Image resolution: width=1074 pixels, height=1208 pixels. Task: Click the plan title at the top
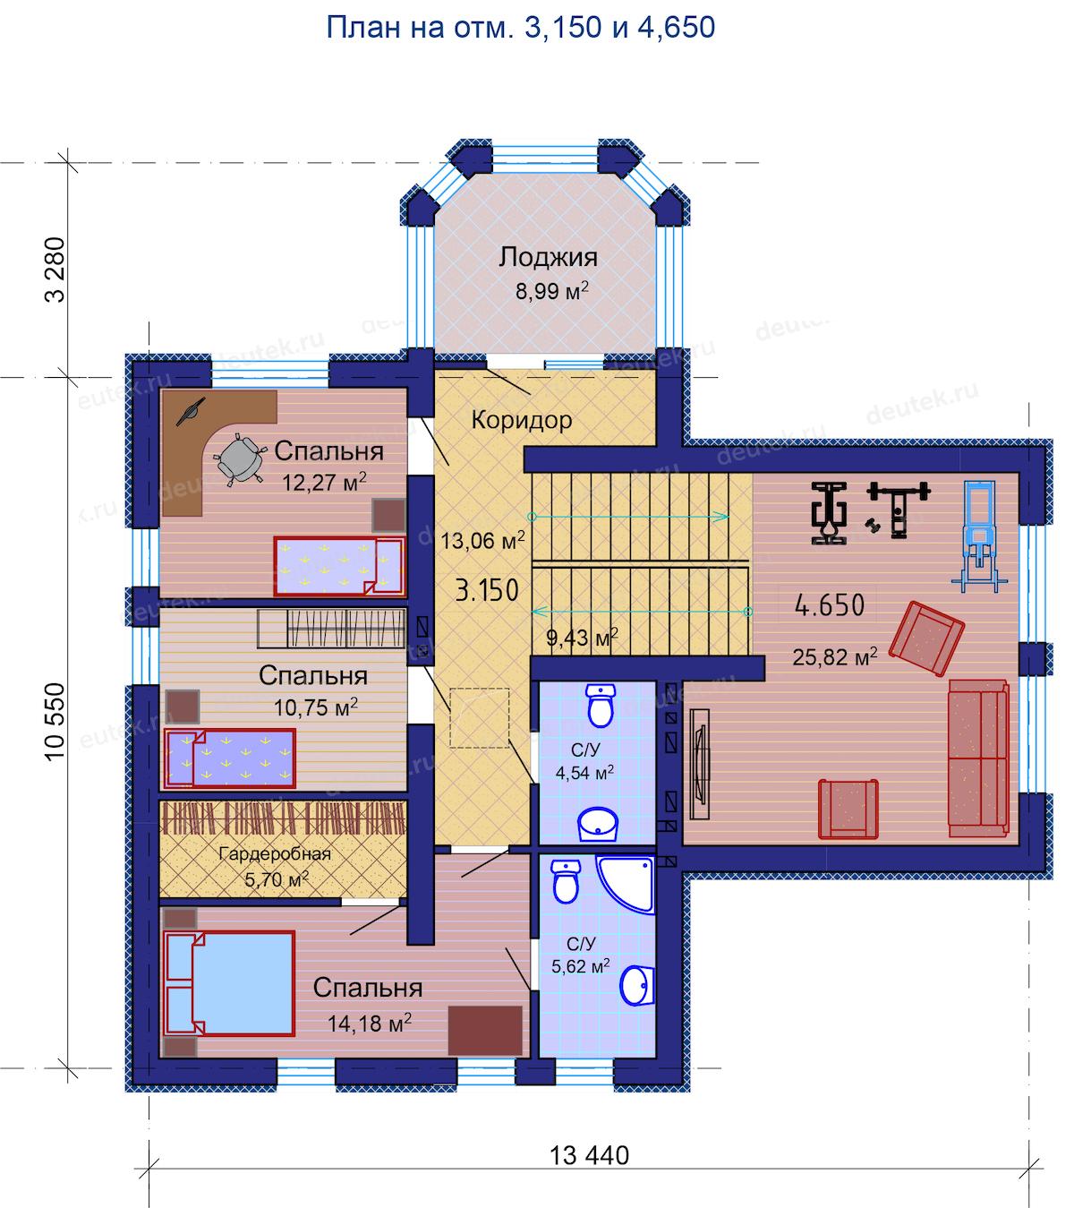click(520, 28)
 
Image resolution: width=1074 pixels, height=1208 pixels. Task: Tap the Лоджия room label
click(548, 257)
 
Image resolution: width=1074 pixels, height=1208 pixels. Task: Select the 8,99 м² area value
click(552, 291)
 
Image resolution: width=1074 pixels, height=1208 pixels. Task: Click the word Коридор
click(522, 420)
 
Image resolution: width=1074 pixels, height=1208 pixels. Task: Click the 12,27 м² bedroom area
click(324, 482)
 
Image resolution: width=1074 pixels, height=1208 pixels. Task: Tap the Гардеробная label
click(275, 853)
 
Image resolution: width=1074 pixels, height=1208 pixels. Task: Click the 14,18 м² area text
click(369, 1024)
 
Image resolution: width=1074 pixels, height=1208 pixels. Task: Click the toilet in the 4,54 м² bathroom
click(601, 706)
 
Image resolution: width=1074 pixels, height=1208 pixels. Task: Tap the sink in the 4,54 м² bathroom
click(598, 824)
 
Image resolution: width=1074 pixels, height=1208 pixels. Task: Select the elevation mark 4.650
click(829, 605)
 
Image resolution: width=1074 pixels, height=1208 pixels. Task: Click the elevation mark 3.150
click(486, 590)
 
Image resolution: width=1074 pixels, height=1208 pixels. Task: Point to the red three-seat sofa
click(978, 758)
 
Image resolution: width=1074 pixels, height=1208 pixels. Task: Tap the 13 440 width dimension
click(589, 1155)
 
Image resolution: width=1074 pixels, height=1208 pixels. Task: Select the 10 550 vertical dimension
click(55, 722)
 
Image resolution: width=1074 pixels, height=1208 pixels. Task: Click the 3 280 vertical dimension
click(55, 270)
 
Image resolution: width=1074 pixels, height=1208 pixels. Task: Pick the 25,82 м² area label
click(834, 657)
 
